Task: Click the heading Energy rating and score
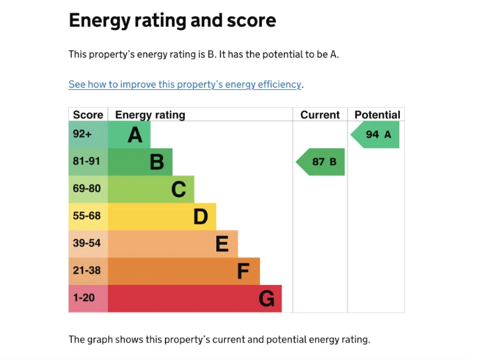coord(172,21)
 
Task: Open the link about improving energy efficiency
coord(185,84)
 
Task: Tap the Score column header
coord(87,115)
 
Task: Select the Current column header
coord(320,115)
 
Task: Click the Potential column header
coord(377,115)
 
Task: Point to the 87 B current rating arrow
coord(321,162)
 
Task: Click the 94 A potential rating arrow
coord(375,134)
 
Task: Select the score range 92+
coord(82,134)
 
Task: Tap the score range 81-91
coord(86,161)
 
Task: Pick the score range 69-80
coord(86,189)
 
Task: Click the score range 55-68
coord(86,216)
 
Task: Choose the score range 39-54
coord(86,243)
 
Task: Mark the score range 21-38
coord(86,271)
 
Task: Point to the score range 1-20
coord(84,298)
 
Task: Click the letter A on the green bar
coord(135,134)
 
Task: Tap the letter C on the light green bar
coord(179,189)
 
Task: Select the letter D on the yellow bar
coord(200,217)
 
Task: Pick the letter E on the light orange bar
coord(222,244)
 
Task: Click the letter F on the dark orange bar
coord(243,271)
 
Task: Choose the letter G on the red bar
coord(266,299)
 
